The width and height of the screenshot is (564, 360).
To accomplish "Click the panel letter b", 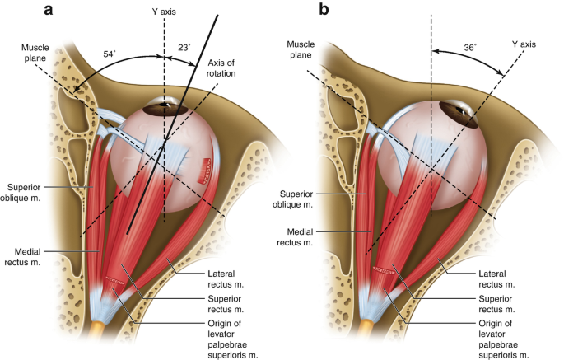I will click(302, 11).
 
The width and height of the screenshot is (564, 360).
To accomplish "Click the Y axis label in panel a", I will click(164, 14).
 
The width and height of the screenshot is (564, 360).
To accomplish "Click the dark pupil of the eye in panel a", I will click(161, 105).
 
